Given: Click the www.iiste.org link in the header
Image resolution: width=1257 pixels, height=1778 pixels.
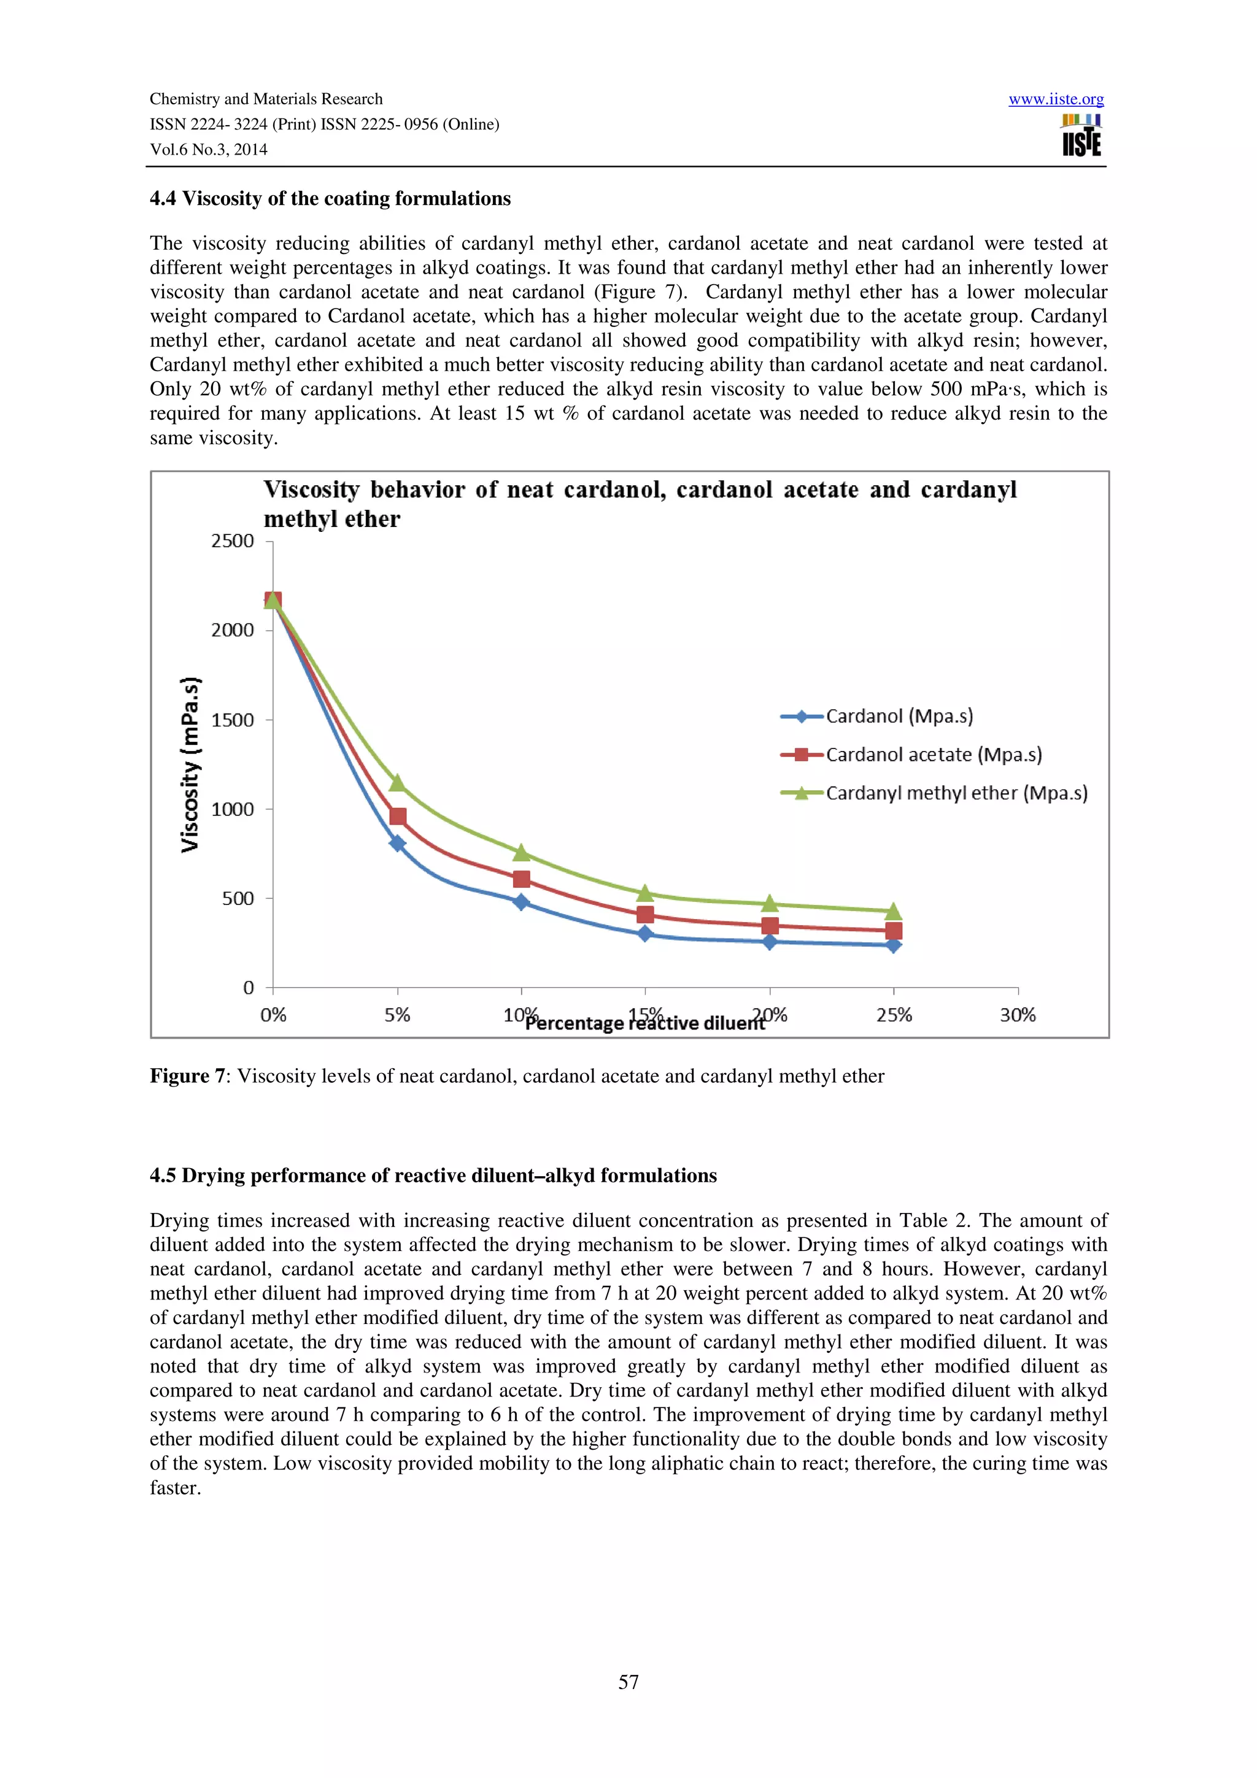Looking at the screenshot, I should click(1056, 99).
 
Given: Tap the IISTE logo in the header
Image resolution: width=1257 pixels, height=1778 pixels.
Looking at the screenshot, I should click(1081, 136).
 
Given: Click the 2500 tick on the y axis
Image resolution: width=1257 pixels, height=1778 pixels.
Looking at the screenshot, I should click(233, 541).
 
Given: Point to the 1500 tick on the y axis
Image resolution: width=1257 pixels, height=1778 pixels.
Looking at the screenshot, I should click(233, 720).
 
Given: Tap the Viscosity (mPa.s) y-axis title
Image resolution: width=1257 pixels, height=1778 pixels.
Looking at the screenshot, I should click(190, 764).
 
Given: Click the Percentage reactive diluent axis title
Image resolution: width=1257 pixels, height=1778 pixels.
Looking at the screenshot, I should click(645, 1024).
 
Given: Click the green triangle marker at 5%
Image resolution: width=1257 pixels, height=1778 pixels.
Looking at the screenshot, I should click(397, 783).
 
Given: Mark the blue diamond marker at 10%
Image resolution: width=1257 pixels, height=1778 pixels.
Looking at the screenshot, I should click(521, 902).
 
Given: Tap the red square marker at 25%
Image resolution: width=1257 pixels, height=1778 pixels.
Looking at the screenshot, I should click(893, 931).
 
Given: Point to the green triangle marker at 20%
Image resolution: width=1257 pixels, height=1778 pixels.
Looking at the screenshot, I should click(769, 904).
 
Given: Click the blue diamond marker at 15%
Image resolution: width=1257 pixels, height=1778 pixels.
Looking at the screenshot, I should click(645, 934).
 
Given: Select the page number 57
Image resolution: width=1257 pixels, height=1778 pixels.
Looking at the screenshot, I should click(628, 1682).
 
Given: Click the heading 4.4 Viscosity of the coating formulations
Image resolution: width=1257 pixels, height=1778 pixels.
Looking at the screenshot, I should click(330, 199).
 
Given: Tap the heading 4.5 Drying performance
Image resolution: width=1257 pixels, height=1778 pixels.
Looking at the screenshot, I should click(433, 1176).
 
